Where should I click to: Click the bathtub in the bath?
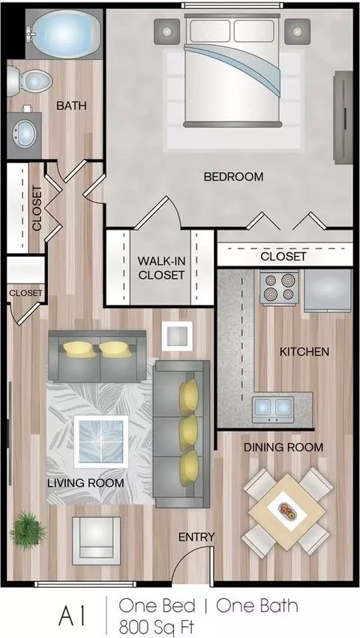[x=64, y=35]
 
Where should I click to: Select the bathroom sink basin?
[x=25, y=133]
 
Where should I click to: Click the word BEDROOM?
[x=233, y=177]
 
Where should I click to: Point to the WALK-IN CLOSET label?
[x=161, y=268]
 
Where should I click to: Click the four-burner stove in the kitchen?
[x=280, y=287]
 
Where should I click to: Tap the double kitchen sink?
[x=273, y=408]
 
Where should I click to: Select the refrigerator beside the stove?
[x=328, y=290]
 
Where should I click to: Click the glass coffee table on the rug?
[x=101, y=441]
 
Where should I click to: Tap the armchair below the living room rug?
[x=97, y=540]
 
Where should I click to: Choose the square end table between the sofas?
[x=177, y=336]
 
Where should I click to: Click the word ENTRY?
[x=196, y=537]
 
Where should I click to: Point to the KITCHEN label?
[x=304, y=351]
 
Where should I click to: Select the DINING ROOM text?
[x=283, y=447]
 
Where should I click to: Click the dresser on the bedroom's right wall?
[x=343, y=117]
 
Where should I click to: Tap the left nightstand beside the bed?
[x=166, y=32]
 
